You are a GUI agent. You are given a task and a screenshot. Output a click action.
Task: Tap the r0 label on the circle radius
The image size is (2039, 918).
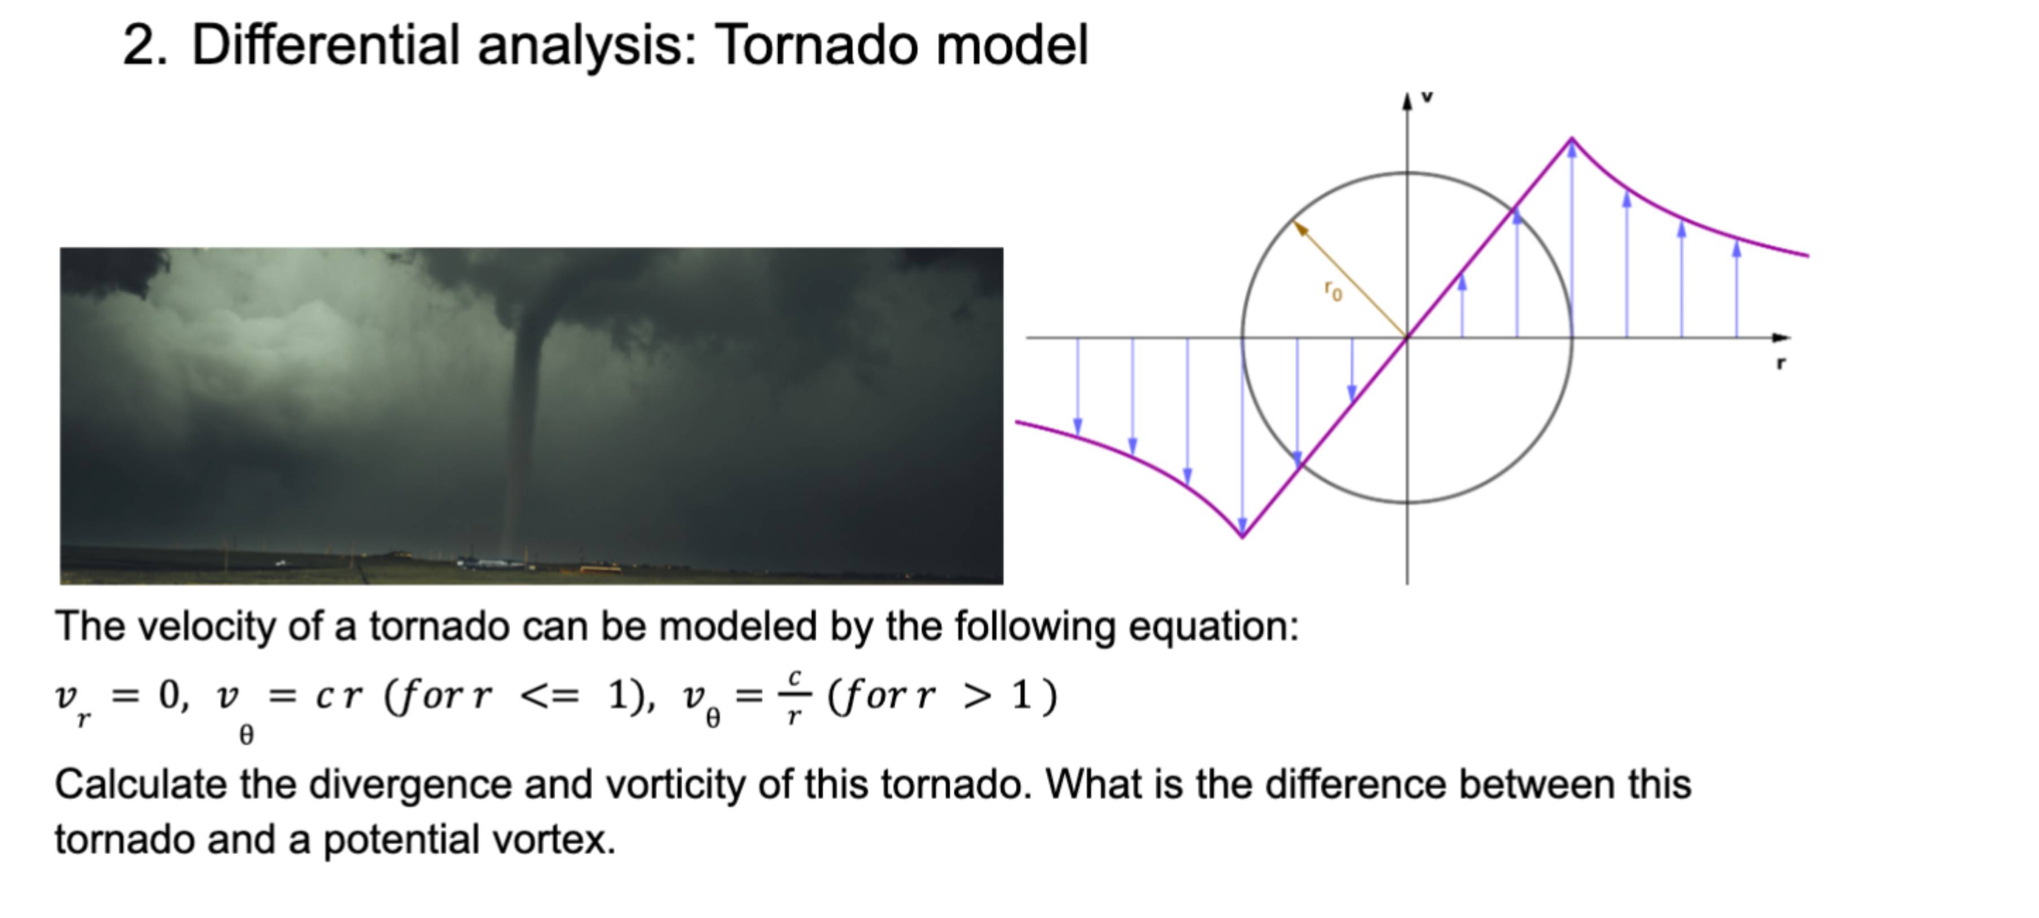tap(1334, 291)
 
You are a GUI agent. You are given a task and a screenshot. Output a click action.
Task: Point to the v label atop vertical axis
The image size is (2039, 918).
tap(1427, 98)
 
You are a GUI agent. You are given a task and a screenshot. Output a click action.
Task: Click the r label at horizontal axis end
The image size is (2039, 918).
tap(1781, 363)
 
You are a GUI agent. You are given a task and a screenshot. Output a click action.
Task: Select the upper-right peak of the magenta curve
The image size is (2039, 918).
tap(1572, 139)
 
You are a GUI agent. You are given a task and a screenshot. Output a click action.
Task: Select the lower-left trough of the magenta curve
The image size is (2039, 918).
tap(1243, 536)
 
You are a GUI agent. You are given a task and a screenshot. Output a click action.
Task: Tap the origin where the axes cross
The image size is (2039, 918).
tap(1407, 338)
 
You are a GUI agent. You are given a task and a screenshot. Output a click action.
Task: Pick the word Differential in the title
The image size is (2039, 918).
tap(325, 45)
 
